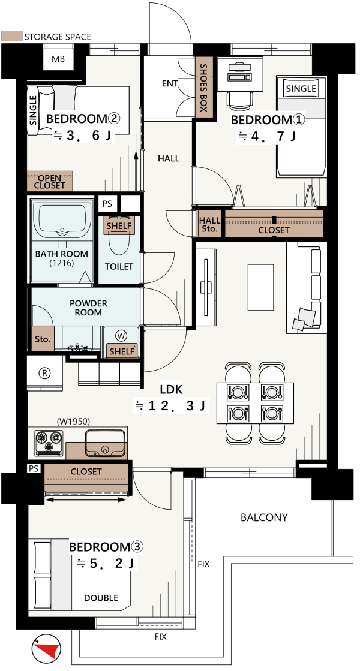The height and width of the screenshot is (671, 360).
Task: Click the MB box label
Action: tap(58, 59)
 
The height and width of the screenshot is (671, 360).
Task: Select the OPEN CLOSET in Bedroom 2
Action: tap(50, 182)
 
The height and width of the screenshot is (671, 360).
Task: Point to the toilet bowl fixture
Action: tap(119, 240)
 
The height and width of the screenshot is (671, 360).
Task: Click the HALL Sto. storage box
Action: tap(210, 225)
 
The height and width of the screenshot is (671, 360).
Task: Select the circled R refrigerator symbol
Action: tap(44, 372)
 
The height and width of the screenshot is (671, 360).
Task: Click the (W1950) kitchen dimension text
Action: tap(73, 422)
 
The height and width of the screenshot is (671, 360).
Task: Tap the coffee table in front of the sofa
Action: tap(260, 288)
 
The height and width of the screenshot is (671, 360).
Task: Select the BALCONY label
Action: tap(264, 517)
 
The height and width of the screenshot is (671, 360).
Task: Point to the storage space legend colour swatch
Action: tap(11, 36)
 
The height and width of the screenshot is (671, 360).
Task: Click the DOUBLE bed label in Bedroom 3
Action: tap(101, 598)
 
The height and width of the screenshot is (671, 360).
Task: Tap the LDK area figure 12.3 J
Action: tap(171, 405)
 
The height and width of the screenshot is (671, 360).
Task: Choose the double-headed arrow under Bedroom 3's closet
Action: tap(86, 499)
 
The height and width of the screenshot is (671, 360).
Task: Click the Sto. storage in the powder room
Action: tap(43, 340)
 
